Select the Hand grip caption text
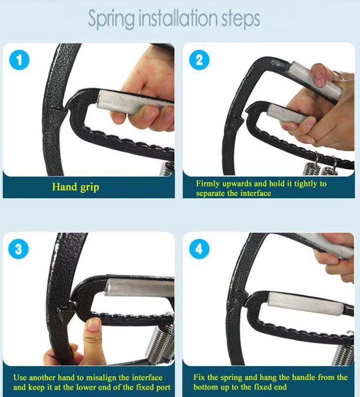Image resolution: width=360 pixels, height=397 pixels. point(75,187)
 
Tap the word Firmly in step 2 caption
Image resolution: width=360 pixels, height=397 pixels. point(208,184)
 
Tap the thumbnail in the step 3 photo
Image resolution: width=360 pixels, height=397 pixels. point(94,325)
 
